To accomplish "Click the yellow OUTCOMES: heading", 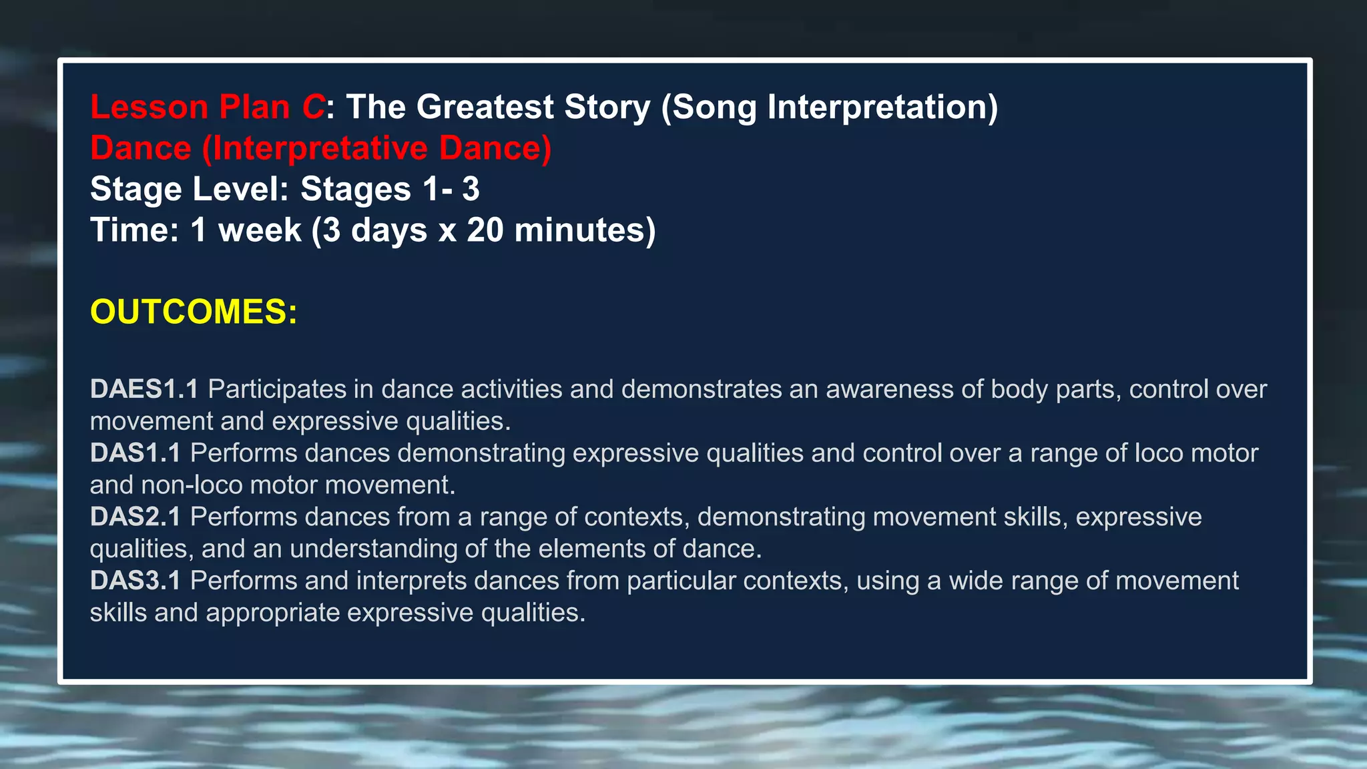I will pos(194,312).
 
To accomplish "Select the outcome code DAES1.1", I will pos(144,389).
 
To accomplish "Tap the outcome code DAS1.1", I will pos(135,453).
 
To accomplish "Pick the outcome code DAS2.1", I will pos(135,517).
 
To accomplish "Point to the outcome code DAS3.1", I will pos(135,581).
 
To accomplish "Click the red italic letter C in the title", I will pos(312,107).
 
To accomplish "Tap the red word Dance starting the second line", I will pos(141,148).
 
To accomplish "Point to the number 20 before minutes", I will pos(485,230).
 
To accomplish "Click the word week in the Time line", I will pos(260,230).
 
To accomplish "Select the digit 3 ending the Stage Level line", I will pos(471,189).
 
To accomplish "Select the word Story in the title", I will pos(607,107).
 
